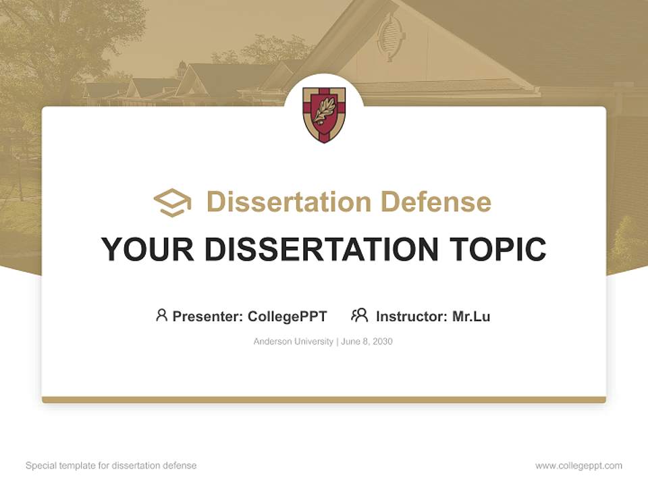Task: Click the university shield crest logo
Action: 324,114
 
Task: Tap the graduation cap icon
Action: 172,202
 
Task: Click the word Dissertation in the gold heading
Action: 289,202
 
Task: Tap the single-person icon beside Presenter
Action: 161,315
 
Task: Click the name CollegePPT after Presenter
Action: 288,316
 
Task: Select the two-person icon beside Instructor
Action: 359,315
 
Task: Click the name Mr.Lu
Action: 471,316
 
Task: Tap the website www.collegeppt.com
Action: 578,466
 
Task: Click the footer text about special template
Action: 111,466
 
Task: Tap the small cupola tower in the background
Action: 181,69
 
